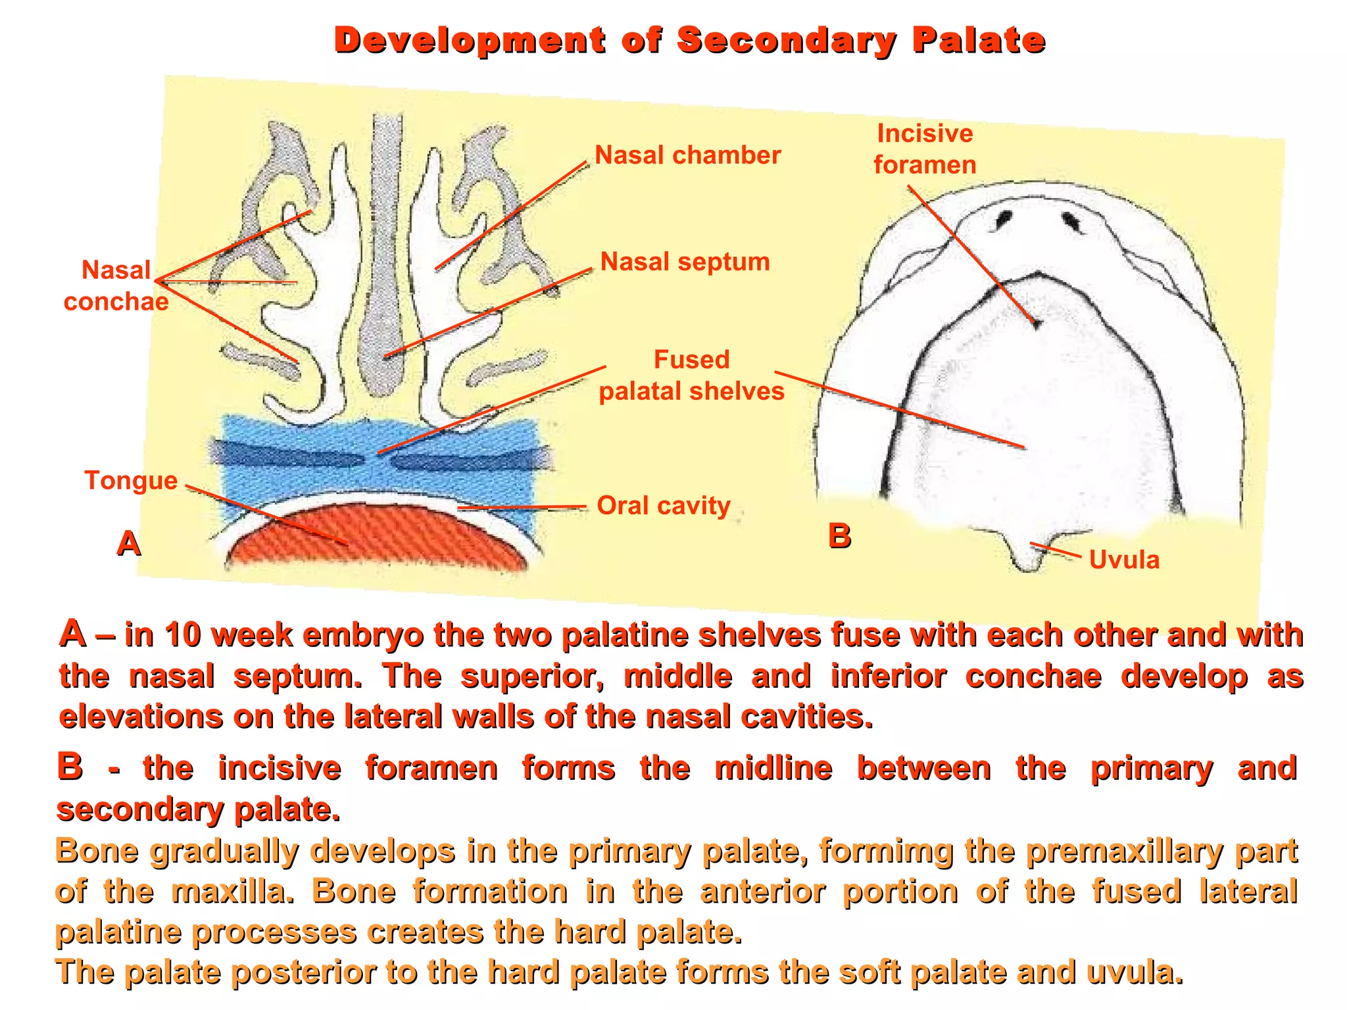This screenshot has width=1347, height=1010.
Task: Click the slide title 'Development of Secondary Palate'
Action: [x=689, y=41]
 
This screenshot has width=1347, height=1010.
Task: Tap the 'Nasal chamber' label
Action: [x=687, y=155]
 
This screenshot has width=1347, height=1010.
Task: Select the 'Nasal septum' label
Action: [x=685, y=262]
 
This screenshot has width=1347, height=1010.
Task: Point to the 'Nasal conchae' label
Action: [x=116, y=285]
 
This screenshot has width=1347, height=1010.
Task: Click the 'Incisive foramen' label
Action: [x=925, y=149]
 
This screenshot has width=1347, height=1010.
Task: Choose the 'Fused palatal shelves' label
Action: [x=691, y=375]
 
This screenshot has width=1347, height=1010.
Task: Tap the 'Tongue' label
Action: [x=131, y=481]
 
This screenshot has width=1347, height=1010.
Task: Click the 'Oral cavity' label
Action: [x=664, y=506]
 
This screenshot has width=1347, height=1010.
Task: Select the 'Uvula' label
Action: [x=1124, y=560]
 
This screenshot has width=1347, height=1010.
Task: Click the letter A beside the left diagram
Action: [x=129, y=544]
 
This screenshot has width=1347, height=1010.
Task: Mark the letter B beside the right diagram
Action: [x=839, y=536]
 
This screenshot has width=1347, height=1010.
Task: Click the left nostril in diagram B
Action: [x=1004, y=218]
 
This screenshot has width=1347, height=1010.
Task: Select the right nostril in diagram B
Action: [x=1072, y=222]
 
